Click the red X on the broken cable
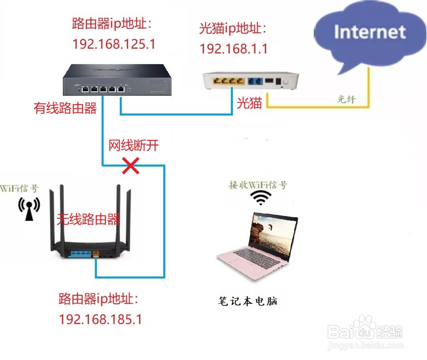131,167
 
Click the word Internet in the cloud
370,32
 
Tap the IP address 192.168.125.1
114,44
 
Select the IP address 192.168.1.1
234,49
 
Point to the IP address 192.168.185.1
100,319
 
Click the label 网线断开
134,145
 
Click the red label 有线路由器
65,108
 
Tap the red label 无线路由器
88,219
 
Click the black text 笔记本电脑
248,301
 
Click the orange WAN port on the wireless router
96,254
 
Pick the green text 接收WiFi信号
258,185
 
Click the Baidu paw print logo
364,326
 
